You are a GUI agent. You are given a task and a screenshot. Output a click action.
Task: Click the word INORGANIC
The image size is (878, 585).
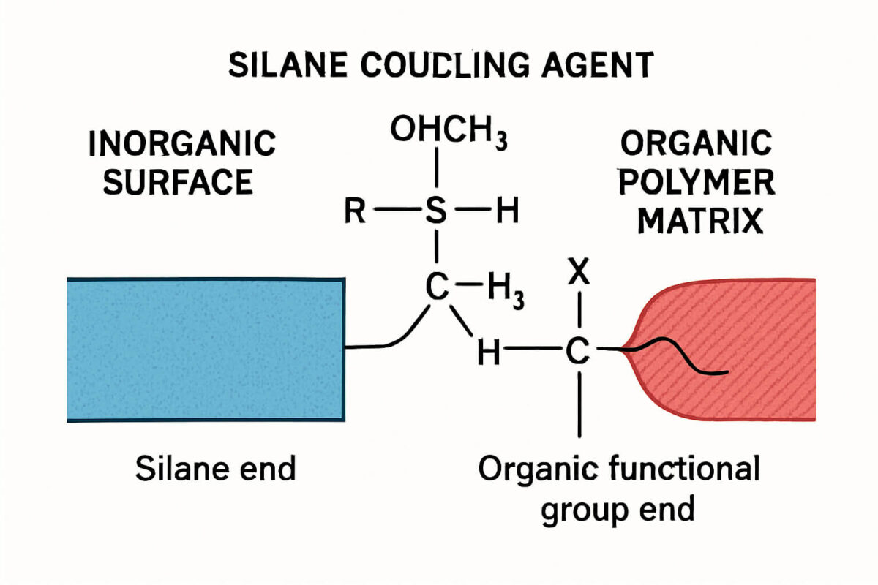point(182,143)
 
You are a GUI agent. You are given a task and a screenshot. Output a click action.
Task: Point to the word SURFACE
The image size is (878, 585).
point(178,182)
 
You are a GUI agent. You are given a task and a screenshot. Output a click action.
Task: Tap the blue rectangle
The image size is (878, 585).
point(205,350)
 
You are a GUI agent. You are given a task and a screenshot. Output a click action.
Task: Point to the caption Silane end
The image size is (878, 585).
point(215,468)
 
